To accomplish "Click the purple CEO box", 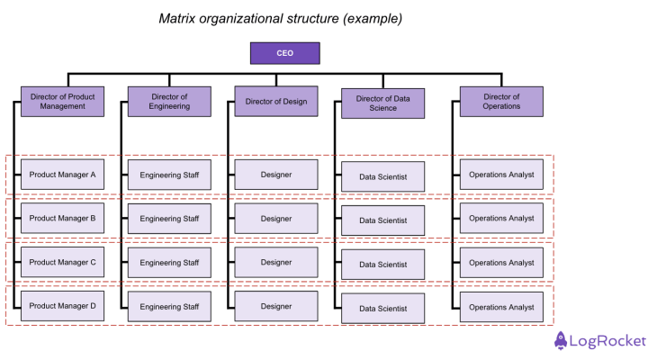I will click(284, 53).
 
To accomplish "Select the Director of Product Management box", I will click(62, 101).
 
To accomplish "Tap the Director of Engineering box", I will click(169, 101).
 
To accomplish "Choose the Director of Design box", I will click(275, 102).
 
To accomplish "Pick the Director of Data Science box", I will click(382, 103).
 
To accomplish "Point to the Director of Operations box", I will click(501, 101).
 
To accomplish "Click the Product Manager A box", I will click(62, 175).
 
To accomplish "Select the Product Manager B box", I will click(62, 218).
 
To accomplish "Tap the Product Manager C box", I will click(62, 262).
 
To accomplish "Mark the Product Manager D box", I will click(62, 306).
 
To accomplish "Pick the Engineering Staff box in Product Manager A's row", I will click(169, 175).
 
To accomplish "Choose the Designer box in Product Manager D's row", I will click(275, 306).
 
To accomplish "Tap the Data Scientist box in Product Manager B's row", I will click(382, 220).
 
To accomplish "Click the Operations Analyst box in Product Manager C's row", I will click(501, 262).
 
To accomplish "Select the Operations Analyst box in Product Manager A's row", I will click(501, 175).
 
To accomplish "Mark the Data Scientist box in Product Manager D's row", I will click(382, 308).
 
